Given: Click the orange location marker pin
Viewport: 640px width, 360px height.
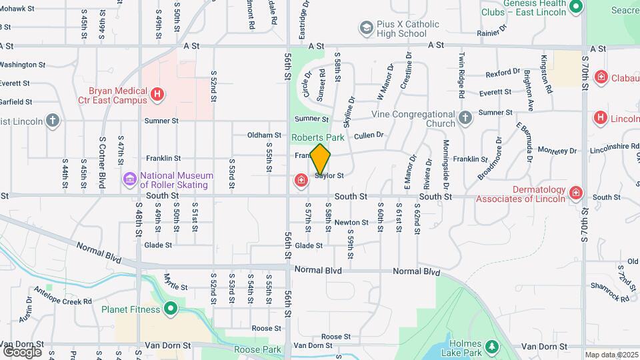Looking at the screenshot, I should tap(320, 159).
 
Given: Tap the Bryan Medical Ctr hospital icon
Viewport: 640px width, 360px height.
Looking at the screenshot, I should tap(157, 95).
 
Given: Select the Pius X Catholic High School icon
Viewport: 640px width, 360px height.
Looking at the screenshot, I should tap(366, 28).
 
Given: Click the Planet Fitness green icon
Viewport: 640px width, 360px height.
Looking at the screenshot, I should tap(171, 309).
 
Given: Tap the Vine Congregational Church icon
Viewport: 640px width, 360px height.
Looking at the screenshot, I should tap(465, 118).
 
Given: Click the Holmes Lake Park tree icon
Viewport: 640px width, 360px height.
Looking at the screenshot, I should tap(492, 347).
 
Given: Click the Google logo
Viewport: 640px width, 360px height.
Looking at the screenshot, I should tap(22, 351).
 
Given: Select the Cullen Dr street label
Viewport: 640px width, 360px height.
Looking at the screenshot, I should tap(369, 135).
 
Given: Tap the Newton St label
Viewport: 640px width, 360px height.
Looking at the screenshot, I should tap(351, 223).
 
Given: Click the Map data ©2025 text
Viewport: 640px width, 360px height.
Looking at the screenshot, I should tap(611, 355).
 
